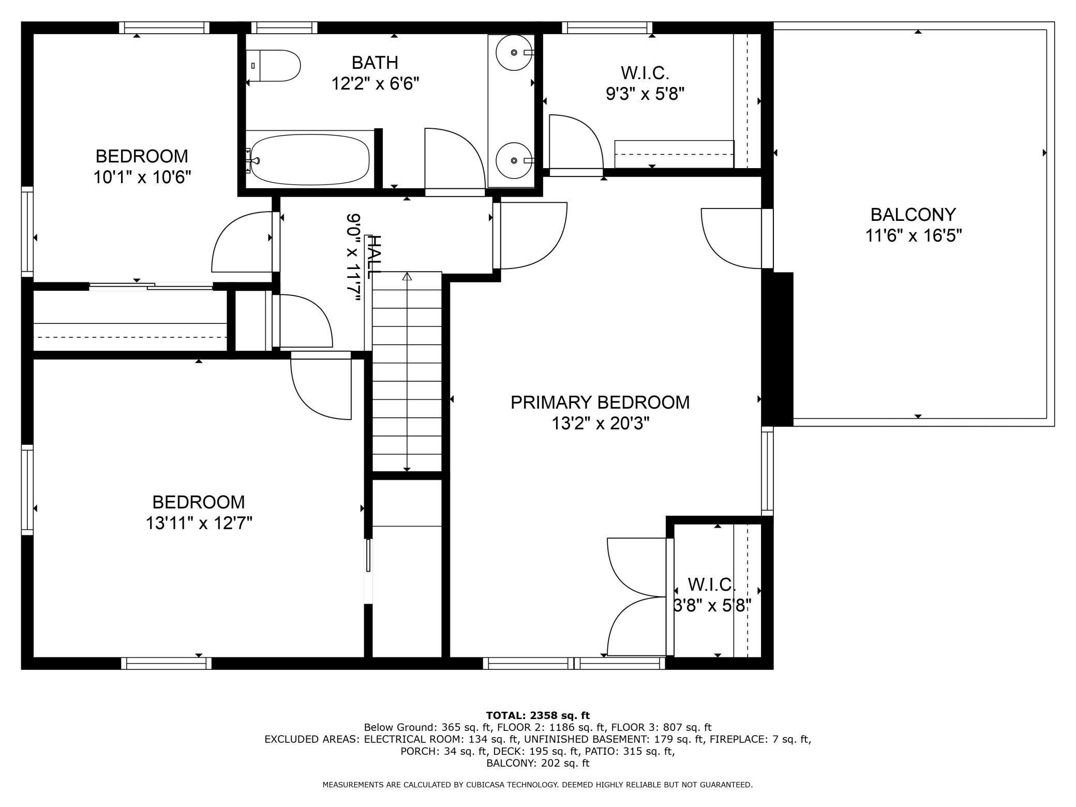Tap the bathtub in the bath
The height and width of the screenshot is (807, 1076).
pos(309,159)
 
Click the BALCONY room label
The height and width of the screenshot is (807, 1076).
pos(913,214)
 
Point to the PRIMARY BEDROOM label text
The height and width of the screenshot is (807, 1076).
pos(600,402)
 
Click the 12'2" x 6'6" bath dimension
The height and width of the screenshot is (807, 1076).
pos(375,83)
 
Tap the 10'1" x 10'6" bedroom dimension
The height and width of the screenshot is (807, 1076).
pos(142,177)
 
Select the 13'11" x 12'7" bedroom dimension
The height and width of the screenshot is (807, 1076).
pos(199,524)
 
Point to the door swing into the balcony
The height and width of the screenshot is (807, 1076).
pos(731,238)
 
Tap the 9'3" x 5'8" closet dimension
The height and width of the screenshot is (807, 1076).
pos(645,94)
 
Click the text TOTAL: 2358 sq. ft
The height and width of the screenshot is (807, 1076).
pos(537,716)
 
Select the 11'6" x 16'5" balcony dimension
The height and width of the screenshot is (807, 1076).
pos(914,236)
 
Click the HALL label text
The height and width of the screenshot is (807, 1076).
pos(373,256)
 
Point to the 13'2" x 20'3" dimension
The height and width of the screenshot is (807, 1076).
pos(600,424)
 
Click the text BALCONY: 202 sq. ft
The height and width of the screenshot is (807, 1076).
pos(537,763)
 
